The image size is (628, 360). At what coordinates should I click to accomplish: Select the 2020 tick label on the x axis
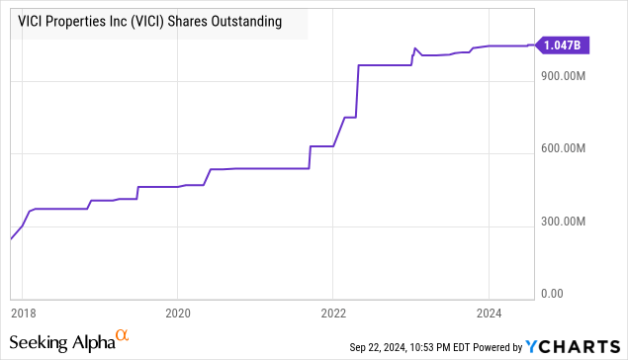coord(177,312)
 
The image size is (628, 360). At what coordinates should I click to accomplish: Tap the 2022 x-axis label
coord(333,312)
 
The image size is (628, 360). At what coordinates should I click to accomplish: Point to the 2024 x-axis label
coord(489,312)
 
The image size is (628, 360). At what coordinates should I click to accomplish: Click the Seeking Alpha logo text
coord(61,343)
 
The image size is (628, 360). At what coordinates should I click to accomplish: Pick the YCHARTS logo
coord(576,347)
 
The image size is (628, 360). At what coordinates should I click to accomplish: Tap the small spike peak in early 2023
coord(415,47)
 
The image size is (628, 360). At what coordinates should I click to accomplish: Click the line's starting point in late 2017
coord(11,239)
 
